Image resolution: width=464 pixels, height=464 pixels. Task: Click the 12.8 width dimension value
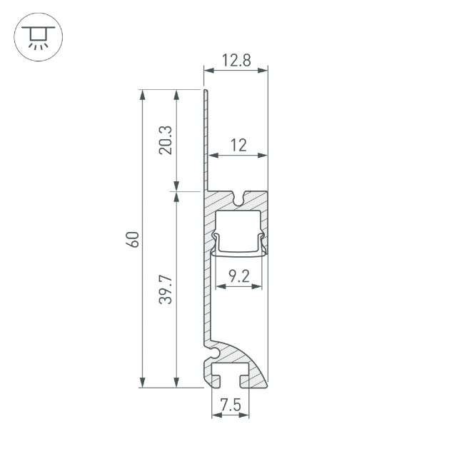click(236, 61)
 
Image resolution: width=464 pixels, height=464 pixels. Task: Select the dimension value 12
click(238, 146)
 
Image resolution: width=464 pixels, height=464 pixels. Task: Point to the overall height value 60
click(132, 239)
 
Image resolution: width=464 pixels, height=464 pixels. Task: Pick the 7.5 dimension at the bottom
click(231, 406)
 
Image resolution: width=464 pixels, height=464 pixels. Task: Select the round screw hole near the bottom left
click(213, 352)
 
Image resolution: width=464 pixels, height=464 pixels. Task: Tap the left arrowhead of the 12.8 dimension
click(208, 69)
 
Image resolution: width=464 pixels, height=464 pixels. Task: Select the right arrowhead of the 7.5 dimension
click(245, 415)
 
